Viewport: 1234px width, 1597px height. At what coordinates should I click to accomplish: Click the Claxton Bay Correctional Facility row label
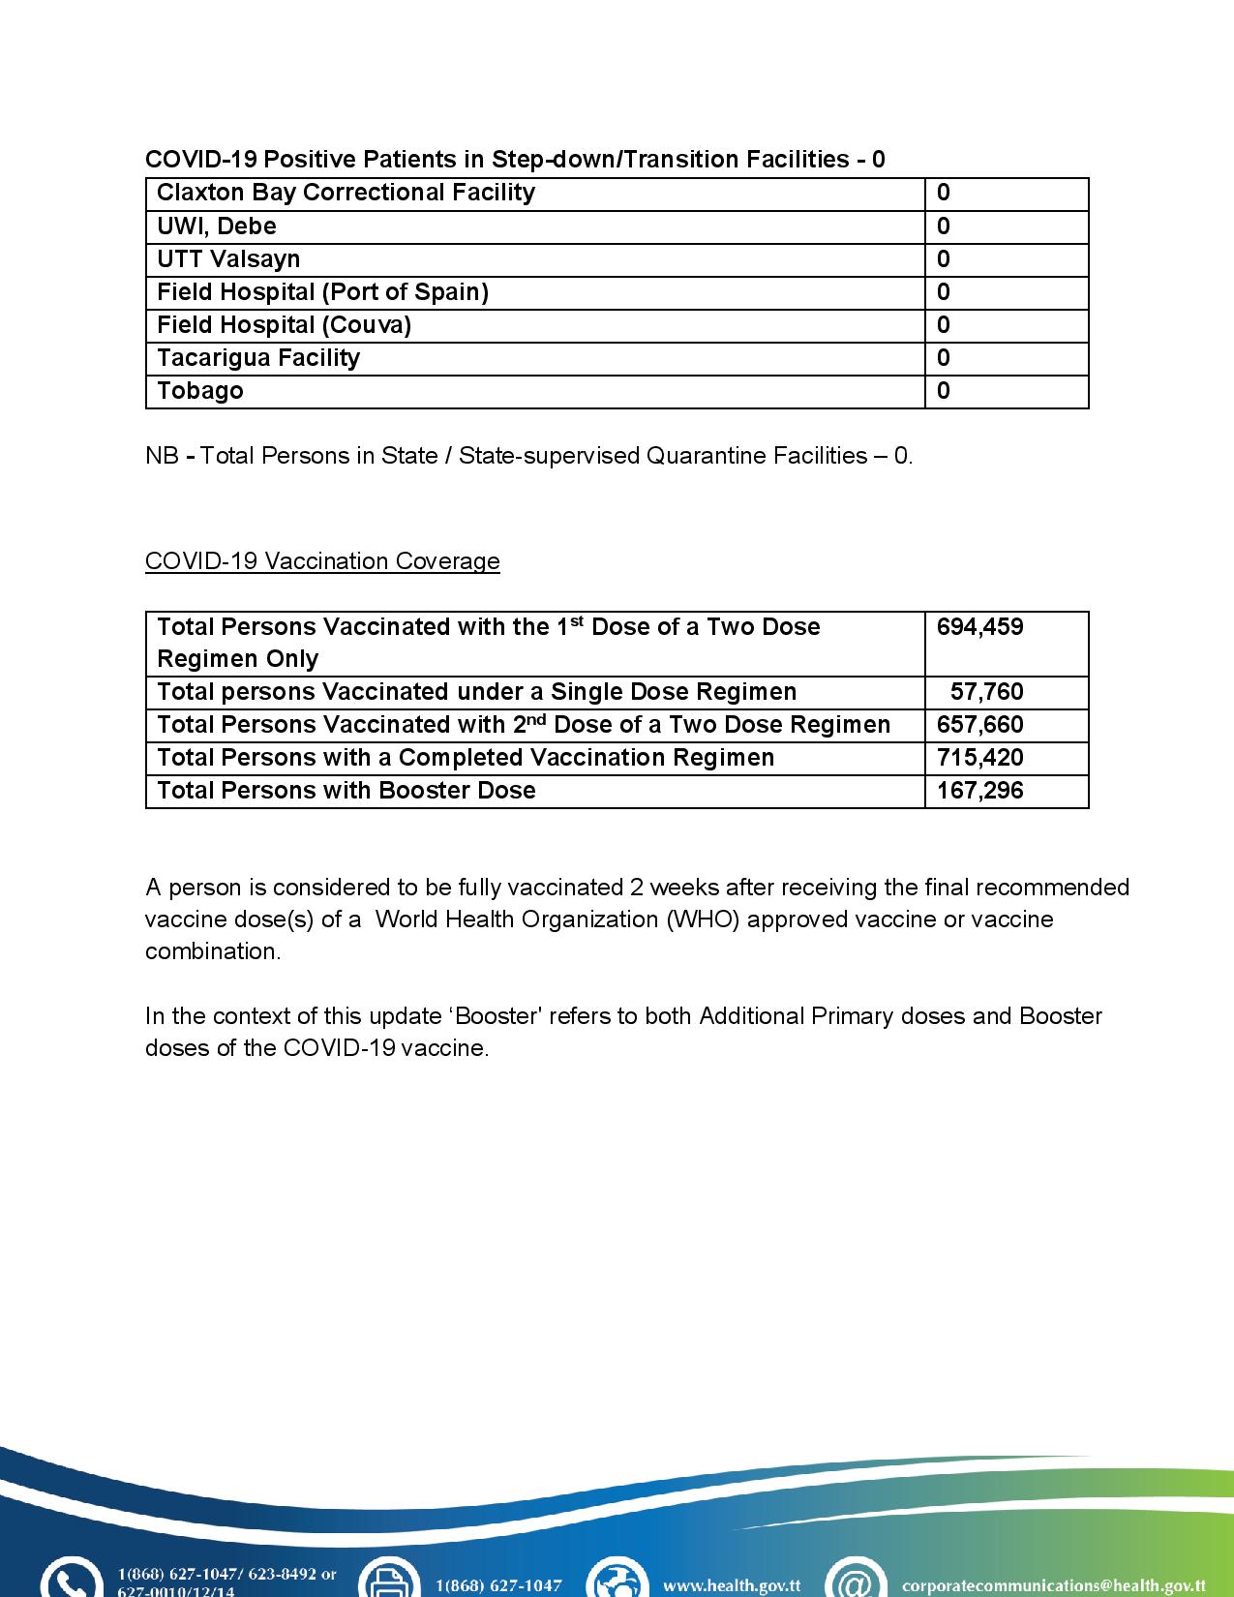(x=346, y=193)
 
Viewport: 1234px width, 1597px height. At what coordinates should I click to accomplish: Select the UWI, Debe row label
(x=217, y=226)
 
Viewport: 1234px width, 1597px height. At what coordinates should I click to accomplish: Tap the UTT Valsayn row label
(x=228, y=259)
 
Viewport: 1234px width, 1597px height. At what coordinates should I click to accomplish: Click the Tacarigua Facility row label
(x=258, y=358)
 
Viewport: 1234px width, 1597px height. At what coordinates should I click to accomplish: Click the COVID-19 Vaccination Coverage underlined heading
(x=322, y=561)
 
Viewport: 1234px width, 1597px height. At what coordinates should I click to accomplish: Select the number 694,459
(x=979, y=627)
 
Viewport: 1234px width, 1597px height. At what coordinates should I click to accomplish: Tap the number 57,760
(x=987, y=692)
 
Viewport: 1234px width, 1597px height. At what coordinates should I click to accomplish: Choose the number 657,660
(x=979, y=725)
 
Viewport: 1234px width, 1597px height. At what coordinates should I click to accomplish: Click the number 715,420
(x=979, y=758)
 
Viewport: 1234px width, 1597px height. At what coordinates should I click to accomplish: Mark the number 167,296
(x=979, y=791)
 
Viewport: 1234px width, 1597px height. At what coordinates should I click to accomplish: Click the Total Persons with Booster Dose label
(x=346, y=791)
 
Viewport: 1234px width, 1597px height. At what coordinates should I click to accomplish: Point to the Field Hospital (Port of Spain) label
(x=322, y=292)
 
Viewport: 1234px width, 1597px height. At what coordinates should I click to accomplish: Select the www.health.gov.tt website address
(x=732, y=1585)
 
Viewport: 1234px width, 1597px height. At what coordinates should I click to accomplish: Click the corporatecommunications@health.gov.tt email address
(x=1053, y=1585)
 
